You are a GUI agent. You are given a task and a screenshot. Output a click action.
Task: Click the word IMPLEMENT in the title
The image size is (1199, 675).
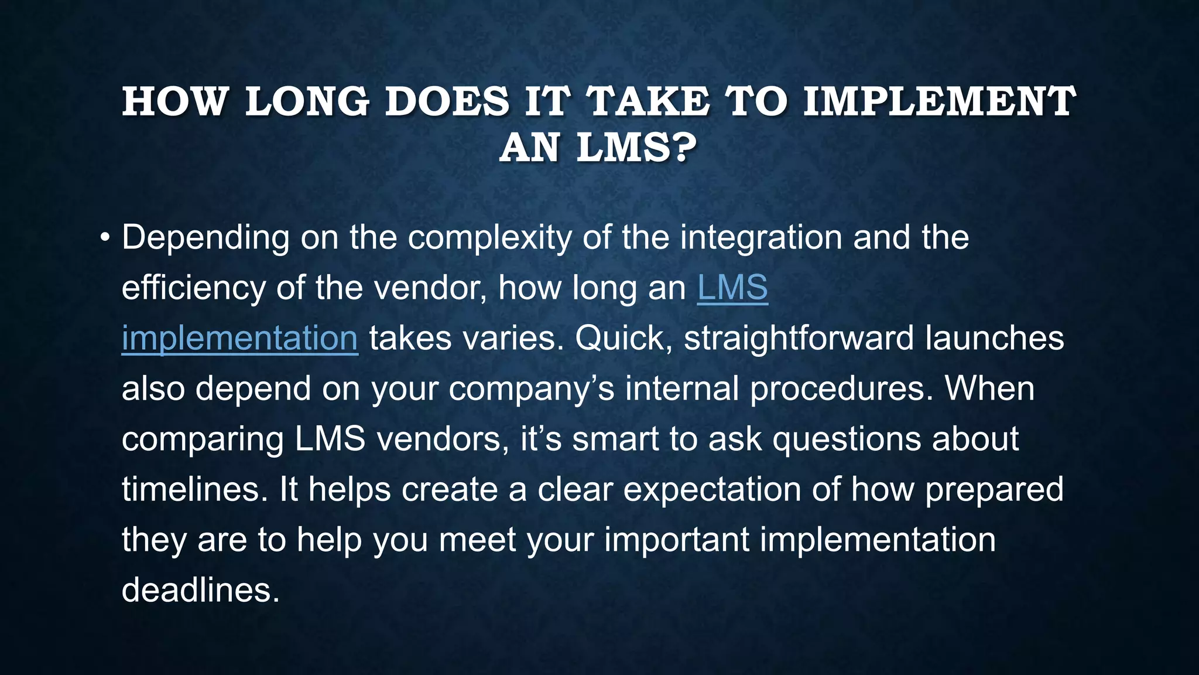tap(939, 102)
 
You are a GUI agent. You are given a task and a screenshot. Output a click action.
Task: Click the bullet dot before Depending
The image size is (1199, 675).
tap(105, 238)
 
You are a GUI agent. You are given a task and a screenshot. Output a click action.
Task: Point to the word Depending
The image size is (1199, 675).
tap(205, 238)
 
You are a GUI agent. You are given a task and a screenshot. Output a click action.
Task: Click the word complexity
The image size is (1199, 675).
tap(489, 238)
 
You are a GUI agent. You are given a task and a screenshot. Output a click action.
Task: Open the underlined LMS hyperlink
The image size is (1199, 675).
tap(732, 288)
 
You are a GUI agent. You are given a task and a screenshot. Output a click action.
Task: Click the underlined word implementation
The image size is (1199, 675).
tap(239, 339)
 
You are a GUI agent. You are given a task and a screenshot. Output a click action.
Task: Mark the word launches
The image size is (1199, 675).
tap(995, 339)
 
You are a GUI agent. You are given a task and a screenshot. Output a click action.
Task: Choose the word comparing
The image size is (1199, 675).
tap(202, 439)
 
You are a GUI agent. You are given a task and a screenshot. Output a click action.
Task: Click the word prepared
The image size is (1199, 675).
tap(994, 490)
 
